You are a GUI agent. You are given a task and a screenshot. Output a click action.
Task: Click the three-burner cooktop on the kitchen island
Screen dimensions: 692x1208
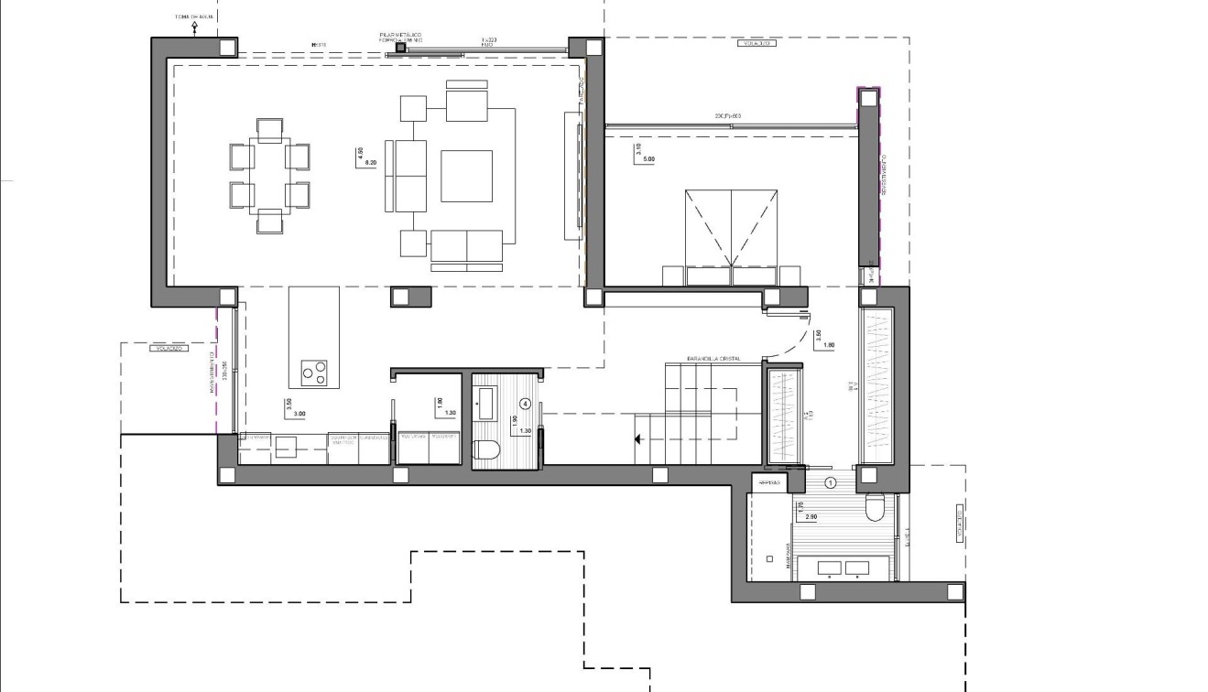pos(314,373)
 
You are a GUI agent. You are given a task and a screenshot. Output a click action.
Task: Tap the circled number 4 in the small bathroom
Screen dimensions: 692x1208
pos(525,403)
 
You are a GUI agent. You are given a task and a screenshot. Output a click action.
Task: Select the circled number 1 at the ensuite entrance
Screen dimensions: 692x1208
pos(831,481)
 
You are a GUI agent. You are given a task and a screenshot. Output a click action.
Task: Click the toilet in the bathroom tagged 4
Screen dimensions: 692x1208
pos(485,449)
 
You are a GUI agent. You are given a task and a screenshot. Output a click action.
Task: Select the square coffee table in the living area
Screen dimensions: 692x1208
pos(466,176)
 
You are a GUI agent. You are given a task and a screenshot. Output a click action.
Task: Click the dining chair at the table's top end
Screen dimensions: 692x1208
pos(269,130)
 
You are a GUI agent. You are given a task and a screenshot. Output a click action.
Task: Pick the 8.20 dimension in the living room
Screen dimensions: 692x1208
pos(371,161)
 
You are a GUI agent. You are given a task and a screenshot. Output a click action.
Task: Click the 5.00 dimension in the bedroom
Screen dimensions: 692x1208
pos(650,159)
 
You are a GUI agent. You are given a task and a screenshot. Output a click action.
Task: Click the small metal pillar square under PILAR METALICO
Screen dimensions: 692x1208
pos(400,48)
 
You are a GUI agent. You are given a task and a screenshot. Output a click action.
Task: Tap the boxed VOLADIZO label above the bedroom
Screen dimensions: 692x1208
pos(756,43)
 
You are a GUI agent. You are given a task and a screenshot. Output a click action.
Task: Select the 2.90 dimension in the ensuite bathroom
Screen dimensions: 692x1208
pos(811,518)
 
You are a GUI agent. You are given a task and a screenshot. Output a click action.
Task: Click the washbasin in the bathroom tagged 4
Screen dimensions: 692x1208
pos(485,403)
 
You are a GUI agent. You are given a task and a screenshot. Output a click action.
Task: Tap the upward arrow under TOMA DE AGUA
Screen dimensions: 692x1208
pos(194,28)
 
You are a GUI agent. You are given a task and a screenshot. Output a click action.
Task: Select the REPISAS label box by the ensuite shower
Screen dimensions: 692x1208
pos(769,481)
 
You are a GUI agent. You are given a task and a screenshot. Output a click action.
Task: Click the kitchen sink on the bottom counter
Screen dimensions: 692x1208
pos(287,446)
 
